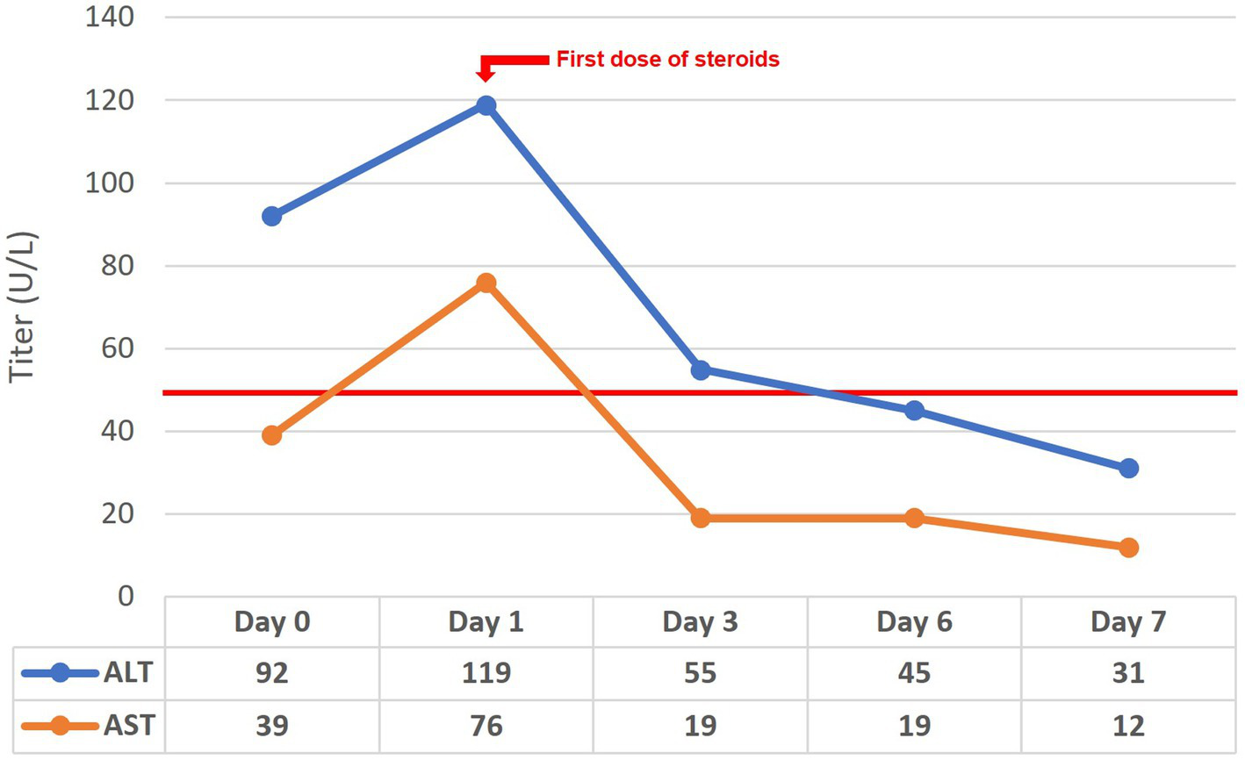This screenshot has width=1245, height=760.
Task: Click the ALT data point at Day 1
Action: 486,105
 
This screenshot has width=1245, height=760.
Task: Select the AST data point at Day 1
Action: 486,283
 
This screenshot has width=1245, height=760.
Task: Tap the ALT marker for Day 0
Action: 272,216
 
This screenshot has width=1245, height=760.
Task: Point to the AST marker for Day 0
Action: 272,434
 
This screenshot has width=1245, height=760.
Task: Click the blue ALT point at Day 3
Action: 700,369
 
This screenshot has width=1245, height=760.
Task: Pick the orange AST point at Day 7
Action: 1128,547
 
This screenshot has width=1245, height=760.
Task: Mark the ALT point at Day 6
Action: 914,410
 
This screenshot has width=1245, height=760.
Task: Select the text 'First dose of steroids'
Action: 667,60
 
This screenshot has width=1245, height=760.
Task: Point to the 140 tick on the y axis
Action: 110,17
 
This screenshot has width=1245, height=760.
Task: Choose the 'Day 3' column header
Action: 700,622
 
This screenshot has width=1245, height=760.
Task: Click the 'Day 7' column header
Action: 1128,622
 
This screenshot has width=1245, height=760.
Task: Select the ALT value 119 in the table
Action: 486,673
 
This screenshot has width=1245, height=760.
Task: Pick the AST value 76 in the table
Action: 486,727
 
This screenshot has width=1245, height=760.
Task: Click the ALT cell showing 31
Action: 1128,673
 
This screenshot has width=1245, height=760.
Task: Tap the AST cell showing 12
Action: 1128,727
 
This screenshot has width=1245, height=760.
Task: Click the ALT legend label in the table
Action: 128,673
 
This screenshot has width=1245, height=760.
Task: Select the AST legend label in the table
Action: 128,727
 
